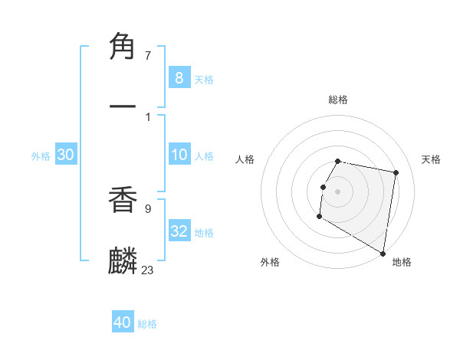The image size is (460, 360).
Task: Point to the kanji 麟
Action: [123, 260]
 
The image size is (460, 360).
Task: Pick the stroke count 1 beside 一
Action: [147, 116]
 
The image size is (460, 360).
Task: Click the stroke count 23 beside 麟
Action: [147, 270]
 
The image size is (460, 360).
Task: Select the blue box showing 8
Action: [179, 77]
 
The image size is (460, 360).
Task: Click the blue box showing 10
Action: [179, 155]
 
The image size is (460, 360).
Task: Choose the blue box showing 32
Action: [179, 231]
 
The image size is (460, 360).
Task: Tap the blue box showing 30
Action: [66, 155]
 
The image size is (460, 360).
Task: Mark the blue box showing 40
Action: [123, 322]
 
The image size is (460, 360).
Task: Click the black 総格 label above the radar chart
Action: [338, 100]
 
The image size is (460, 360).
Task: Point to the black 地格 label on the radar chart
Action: [402, 262]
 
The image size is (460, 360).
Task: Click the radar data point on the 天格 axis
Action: [396, 173]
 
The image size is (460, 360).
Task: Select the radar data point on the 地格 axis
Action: [383, 254]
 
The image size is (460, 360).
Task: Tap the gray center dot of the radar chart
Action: [338, 191]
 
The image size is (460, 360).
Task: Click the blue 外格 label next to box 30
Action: [41, 156]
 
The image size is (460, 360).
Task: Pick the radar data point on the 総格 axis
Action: [338, 162]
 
